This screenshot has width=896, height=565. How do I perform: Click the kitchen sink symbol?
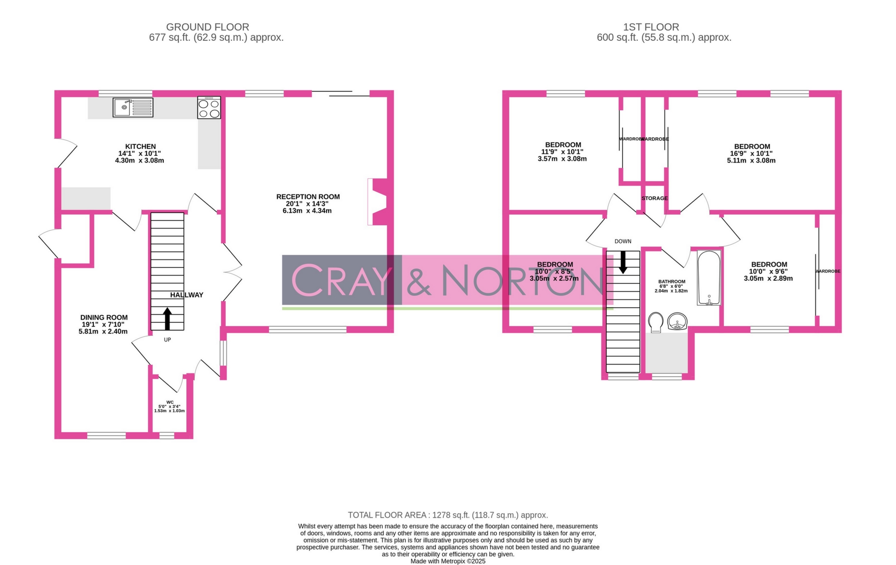(133, 108)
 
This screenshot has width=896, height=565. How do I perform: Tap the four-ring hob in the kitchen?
(209, 108)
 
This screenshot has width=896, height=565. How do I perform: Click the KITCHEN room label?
(140, 147)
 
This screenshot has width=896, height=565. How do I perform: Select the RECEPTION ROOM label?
(308, 197)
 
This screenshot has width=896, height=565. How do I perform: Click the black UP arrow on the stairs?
(167, 319)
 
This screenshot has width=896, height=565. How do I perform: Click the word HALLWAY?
(187, 295)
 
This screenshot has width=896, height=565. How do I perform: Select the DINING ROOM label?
(104, 317)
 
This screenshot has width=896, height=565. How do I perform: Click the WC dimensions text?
(169, 409)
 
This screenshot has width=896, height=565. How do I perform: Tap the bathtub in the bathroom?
(709, 278)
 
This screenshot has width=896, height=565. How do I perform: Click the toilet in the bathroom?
(655, 322)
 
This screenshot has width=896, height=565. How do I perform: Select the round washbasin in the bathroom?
(677, 321)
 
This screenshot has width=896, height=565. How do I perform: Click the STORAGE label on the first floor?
(654, 198)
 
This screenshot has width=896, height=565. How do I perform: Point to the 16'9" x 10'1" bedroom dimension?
(751, 154)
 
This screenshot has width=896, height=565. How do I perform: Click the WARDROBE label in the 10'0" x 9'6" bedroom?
(828, 271)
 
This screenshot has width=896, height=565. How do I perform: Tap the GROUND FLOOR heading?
(208, 27)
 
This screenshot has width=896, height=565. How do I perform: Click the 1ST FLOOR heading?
(651, 27)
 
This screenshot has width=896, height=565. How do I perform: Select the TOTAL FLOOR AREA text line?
(448, 515)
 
